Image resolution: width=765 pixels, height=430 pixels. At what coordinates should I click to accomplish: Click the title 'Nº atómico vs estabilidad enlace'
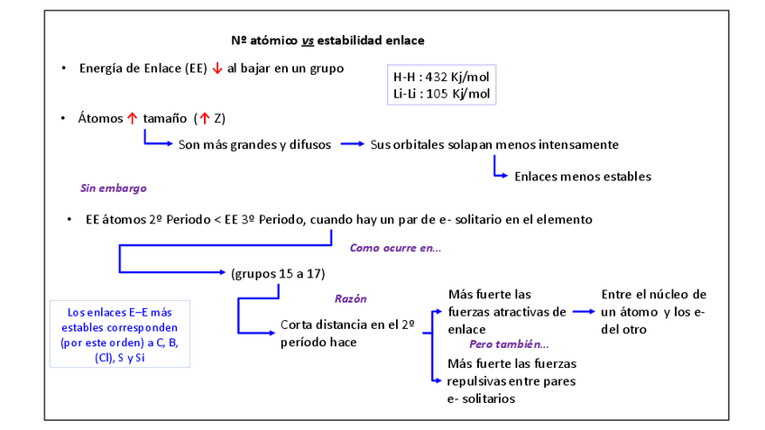(x=327, y=41)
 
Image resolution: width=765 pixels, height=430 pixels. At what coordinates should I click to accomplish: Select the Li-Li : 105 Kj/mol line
(x=441, y=94)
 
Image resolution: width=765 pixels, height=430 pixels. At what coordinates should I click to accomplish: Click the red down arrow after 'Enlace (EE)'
(x=217, y=69)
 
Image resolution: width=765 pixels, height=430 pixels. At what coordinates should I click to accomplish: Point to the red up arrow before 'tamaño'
(x=132, y=118)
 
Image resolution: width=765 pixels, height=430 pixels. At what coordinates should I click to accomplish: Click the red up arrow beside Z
(x=204, y=118)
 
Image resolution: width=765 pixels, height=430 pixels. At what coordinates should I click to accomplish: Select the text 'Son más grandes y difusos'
(x=254, y=144)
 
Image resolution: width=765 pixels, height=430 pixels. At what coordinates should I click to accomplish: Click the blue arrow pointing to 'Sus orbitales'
(x=352, y=144)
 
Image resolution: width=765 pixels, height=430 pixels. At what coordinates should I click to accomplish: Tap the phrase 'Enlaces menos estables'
(x=582, y=177)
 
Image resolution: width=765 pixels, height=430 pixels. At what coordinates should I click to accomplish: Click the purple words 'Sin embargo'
(x=114, y=188)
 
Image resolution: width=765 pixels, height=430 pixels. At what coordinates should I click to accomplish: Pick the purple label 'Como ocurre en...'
(x=395, y=247)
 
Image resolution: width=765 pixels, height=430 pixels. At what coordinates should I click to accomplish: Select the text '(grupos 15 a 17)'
(x=277, y=273)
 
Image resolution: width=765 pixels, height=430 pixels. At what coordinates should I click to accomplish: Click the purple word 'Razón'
(x=351, y=298)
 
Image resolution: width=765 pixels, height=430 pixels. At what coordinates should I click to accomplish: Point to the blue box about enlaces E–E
(x=118, y=334)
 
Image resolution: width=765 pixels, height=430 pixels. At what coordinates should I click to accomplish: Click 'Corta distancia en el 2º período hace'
(x=346, y=333)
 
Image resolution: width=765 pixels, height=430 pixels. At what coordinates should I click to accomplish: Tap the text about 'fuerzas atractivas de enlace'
(x=507, y=312)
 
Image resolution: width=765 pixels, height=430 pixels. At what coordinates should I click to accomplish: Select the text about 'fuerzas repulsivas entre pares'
(x=511, y=380)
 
